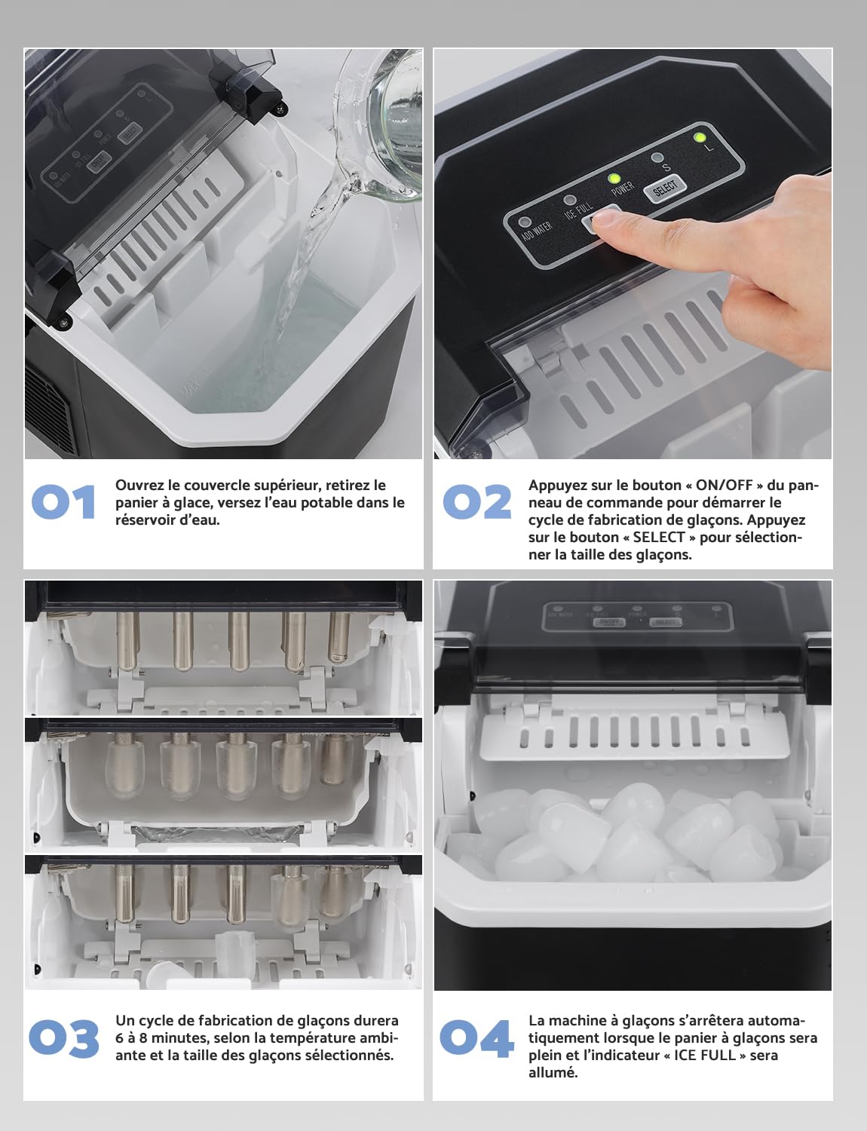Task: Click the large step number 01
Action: point(64,502)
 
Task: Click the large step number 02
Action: point(476,502)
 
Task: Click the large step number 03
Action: point(64,1038)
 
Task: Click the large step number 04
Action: point(476,1038)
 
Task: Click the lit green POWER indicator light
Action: point(614,179)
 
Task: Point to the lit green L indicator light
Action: point(700,137)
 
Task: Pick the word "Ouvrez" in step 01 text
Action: point(139,486)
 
